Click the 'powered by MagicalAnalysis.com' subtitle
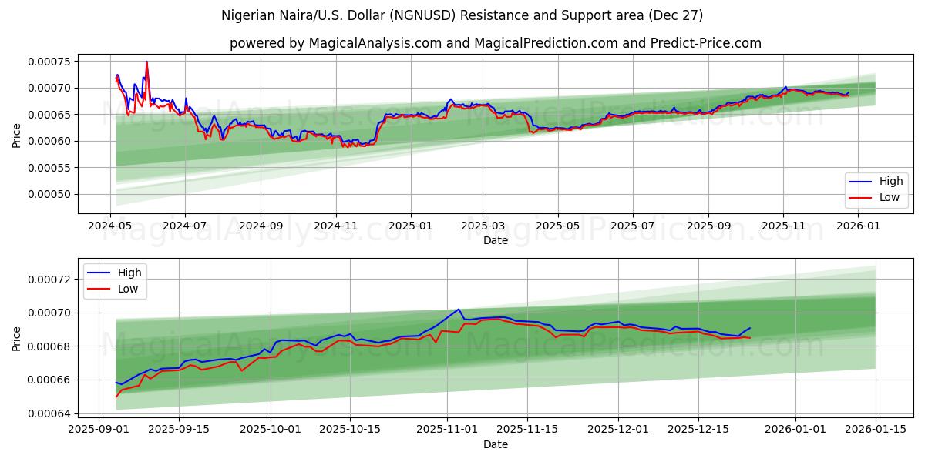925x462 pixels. [x=495, y=43]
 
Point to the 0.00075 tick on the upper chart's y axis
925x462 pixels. [x=49, y=62]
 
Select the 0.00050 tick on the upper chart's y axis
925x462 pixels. [x=49, y=194]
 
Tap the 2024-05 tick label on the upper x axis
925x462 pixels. [x=110, y=226]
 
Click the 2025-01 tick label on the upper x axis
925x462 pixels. [x=410, y=226]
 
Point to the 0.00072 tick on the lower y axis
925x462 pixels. [x=49, y=279]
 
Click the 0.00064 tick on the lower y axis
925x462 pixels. [x=49, y=413]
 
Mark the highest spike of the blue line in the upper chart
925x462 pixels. [x=146, y=62]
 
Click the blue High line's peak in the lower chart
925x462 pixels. [x=459, y=310]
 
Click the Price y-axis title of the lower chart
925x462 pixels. [x=16, y=339]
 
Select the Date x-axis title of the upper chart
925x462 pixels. [x=495, y=240]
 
